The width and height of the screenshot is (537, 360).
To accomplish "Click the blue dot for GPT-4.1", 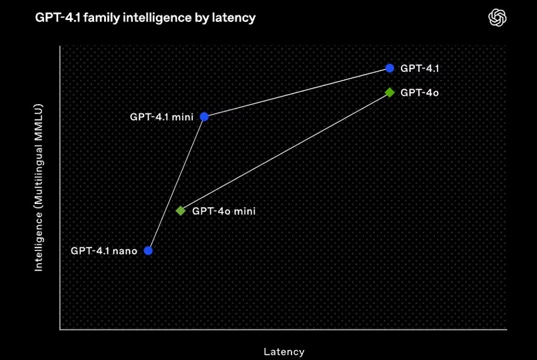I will (390, 68).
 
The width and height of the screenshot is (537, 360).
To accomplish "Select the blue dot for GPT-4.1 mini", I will (204, 117).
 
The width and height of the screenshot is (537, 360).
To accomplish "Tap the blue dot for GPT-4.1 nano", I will (148, 251).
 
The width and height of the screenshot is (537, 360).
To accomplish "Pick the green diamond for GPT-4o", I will (390, 93).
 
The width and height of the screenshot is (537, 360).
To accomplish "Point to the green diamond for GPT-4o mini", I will (180, 211).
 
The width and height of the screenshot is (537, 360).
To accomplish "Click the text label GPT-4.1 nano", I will (103, 251).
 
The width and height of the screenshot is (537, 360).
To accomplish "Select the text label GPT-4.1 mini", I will (161, 117).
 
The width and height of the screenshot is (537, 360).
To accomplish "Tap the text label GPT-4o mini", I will (223, 211).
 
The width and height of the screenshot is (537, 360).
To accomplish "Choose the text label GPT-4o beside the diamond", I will (419, 93).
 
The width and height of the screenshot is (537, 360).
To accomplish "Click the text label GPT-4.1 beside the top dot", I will (419, 69).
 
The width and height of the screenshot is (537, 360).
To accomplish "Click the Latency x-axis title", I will (284, 351).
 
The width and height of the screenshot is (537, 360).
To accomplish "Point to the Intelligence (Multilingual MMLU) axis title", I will (39, 187).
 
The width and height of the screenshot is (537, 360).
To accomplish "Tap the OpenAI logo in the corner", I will (497, 18).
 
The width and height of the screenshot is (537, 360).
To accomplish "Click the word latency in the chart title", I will (233, 18).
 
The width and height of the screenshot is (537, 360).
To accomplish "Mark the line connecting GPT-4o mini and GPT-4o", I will (285, 152).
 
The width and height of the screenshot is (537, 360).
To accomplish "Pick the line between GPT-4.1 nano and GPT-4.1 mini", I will (176, 184).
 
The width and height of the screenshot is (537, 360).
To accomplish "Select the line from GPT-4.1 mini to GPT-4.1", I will (297, 93).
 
